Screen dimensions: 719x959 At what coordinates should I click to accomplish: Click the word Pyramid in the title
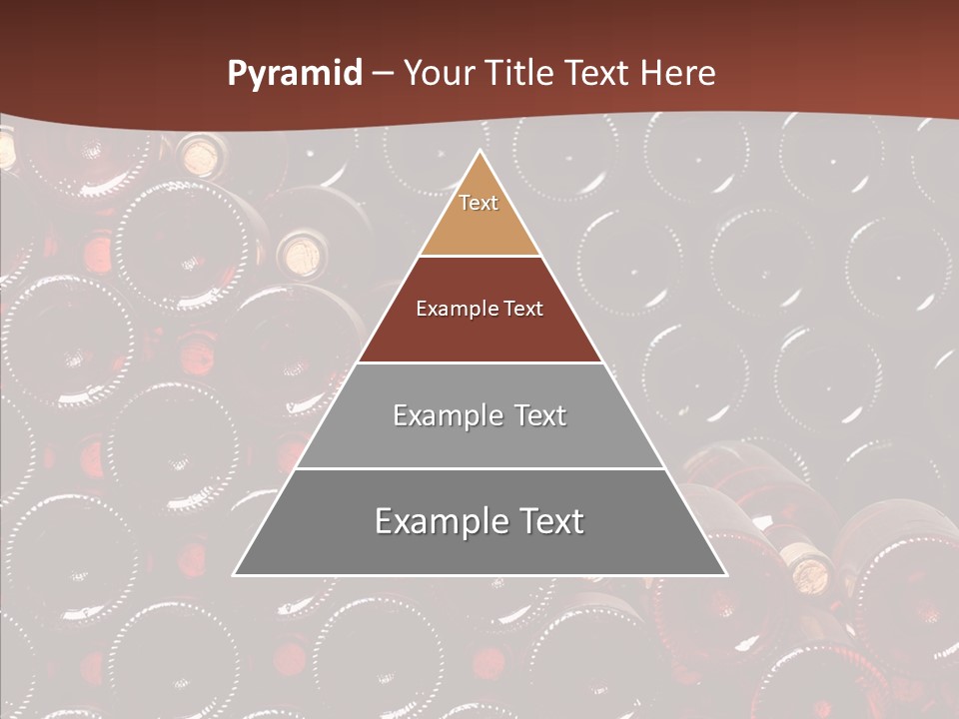click(294, 74)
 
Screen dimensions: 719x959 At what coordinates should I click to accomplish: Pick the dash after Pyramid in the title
click(383, 74)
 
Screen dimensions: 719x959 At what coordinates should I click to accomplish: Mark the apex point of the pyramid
click(479, 152)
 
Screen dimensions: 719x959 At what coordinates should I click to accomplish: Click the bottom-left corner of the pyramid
click(234, 574)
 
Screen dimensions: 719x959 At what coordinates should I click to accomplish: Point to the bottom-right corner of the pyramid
click(726, 574)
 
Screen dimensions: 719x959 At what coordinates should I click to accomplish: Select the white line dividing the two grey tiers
click(479, 468)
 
